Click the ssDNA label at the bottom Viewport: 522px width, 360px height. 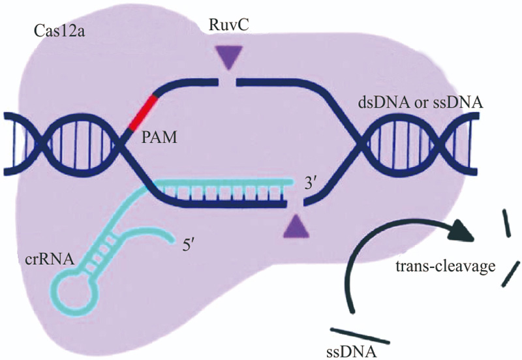(351, 352)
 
